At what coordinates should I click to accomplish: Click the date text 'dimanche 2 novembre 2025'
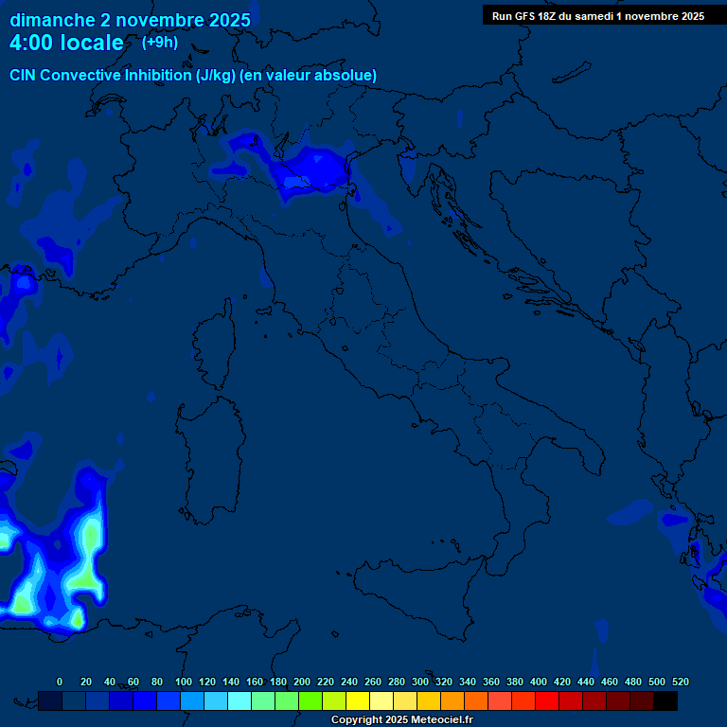130,20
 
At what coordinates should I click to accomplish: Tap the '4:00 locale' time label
66,43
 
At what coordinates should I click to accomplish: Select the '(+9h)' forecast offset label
159,42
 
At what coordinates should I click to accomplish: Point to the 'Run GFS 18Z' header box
597,16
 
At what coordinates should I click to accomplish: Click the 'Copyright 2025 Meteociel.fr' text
401,719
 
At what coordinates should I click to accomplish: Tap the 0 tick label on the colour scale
60,682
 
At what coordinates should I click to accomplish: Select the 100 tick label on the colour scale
184,682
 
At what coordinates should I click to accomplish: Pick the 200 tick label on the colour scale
302,682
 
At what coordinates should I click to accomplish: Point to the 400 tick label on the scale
539,682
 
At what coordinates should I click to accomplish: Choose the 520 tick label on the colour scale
680,682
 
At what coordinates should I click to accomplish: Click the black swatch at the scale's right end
665,700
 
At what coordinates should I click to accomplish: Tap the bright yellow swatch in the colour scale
358,700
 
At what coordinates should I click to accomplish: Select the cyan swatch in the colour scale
239,700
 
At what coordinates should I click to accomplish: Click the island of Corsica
216,346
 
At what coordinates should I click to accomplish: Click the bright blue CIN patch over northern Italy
312,170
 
